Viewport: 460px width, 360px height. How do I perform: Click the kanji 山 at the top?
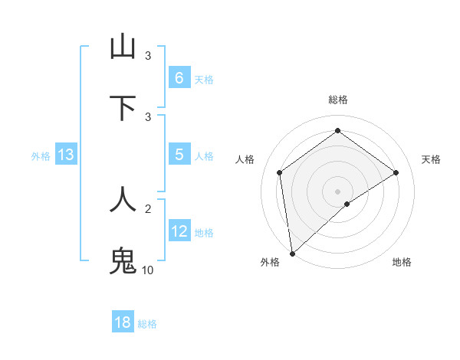[123, 47]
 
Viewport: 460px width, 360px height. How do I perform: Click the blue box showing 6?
[179, 77]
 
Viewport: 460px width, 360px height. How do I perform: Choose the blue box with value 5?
[179, 154]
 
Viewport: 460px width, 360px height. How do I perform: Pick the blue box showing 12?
[179, 231]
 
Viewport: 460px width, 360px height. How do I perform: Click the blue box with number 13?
[66, 155]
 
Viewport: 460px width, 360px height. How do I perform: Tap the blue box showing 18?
[123, 322]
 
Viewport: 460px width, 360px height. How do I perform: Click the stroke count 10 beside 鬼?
[147, 270]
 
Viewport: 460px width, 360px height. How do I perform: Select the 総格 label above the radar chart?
[337, 100]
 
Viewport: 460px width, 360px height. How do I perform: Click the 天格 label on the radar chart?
[431, 159]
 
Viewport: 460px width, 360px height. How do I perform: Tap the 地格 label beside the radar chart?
[402, 262]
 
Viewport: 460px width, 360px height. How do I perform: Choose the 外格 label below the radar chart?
[270, 262]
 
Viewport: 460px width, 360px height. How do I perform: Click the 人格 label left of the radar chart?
[245, 159]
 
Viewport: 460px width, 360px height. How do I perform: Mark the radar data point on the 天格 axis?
[396, 172]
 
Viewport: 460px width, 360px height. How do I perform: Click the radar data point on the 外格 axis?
[291, 253]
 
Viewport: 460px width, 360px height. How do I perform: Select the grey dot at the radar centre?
[337, 191]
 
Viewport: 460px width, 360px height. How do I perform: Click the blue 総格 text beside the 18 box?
[147, 324]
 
